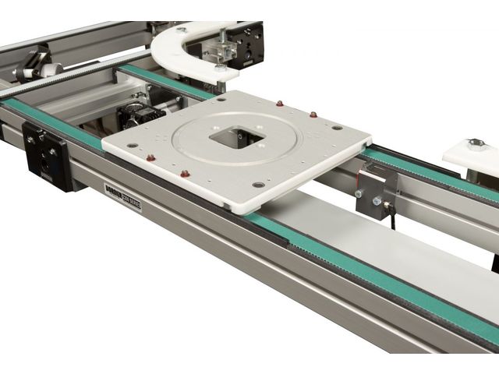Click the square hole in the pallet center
235,138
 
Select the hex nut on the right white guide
476,143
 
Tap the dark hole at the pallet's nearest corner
257,185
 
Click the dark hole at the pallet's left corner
129,144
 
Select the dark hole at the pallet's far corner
223,99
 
